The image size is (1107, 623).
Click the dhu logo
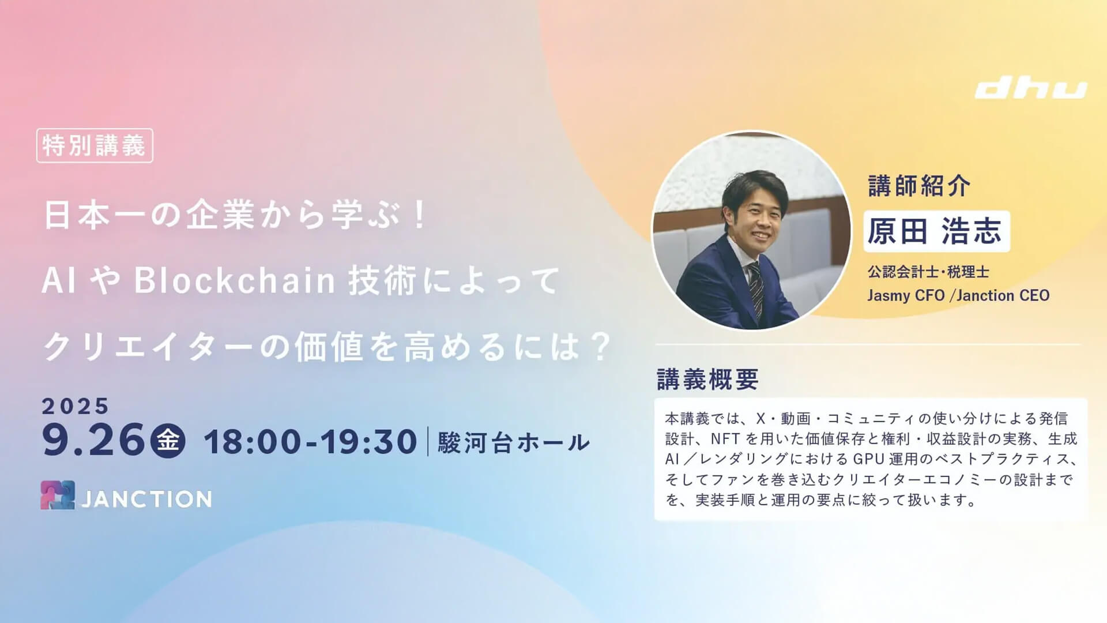pos(1031,89)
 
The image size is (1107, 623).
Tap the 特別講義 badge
pos(95,145)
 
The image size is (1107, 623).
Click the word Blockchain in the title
pos(235,280)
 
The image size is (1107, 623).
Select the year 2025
pos(75,406)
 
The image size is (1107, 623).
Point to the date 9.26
pos(93,440)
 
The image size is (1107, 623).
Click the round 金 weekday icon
pos(168,441)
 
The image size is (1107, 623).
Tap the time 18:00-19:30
pos(310,442)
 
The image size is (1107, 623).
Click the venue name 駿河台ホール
pos(514,442)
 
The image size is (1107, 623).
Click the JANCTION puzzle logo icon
pos(58,495)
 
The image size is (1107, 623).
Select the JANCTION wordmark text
pos(146,499)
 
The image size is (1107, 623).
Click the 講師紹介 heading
pos(919,186)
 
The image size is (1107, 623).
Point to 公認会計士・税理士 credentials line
pos(928,272)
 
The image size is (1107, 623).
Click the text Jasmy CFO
pos(906,295)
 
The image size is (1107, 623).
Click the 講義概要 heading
pos(707,380)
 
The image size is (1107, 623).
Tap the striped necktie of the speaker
pos(756,289)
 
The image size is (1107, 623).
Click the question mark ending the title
pos(601,346)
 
